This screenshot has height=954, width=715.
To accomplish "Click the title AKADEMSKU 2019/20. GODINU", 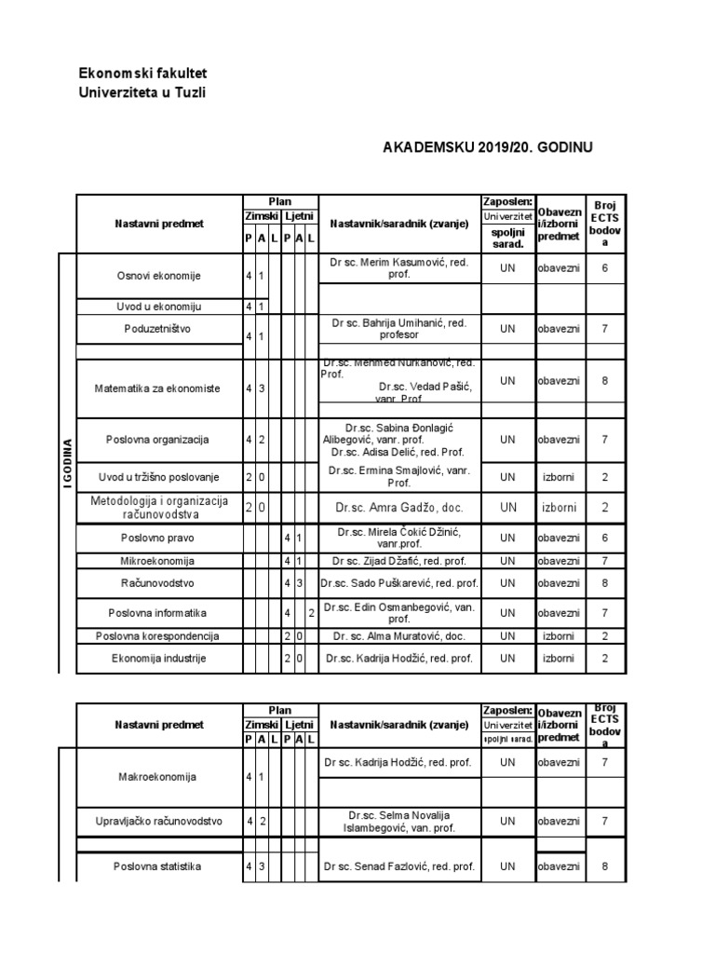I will coord(488,148).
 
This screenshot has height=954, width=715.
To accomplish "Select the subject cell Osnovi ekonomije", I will coord(158,276).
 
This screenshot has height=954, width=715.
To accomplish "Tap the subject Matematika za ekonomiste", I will coord(158,388).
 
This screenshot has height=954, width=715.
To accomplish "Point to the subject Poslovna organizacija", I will coord(158,440).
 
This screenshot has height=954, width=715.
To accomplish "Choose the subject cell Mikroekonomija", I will coord(158,561).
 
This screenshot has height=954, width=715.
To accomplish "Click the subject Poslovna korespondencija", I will coord(158,635).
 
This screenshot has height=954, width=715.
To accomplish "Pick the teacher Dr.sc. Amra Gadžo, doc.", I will coord(399,508).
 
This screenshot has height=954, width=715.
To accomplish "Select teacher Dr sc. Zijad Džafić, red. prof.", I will coord(399,561).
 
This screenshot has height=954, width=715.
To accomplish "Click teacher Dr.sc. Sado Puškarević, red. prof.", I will coord(399,583).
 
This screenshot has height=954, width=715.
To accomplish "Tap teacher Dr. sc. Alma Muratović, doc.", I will coord(399,635).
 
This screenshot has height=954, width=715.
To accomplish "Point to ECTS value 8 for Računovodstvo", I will coord(604,583).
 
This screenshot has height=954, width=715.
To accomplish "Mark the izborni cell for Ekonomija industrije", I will coord(559,658).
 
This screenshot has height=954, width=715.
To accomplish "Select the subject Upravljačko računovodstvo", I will coord(158,821).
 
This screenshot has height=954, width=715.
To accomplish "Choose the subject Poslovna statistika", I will coord(158,866).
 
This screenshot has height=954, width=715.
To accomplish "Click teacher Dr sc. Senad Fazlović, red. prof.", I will coord(399,866).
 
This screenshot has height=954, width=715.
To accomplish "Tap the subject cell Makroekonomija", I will coord(158,776).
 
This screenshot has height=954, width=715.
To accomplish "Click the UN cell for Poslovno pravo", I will coord(506,538).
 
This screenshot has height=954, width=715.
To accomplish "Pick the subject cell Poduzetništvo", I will coord(158,329).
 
